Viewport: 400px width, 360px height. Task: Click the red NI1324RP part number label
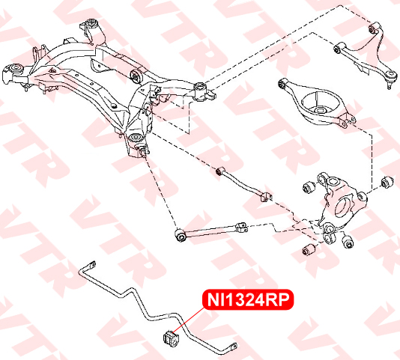[248, 300]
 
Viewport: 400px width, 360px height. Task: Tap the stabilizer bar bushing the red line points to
[170, 338]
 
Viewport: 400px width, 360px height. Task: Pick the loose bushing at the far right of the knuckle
[387, 183]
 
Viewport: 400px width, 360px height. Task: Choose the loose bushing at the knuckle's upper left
[309, 187]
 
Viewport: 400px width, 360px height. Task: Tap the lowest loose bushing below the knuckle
[308, 249]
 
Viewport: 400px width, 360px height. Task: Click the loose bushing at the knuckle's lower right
[348, 242]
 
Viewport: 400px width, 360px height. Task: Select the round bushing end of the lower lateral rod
[181, 235]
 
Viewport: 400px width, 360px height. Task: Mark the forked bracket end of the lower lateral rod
[242, 228]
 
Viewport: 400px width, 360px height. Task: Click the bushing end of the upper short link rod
[220, 171]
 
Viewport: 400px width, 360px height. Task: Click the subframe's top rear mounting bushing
[93, 25]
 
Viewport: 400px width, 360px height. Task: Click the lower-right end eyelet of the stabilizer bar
[234, 347]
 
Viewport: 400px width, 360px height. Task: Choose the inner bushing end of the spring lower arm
[282, 84]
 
